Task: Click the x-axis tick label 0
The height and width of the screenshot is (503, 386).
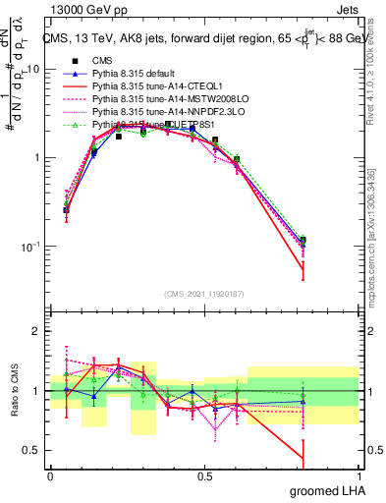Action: click(x=51, y=475)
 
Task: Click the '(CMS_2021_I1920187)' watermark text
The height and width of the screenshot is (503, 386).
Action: click(x=203, y=295)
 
